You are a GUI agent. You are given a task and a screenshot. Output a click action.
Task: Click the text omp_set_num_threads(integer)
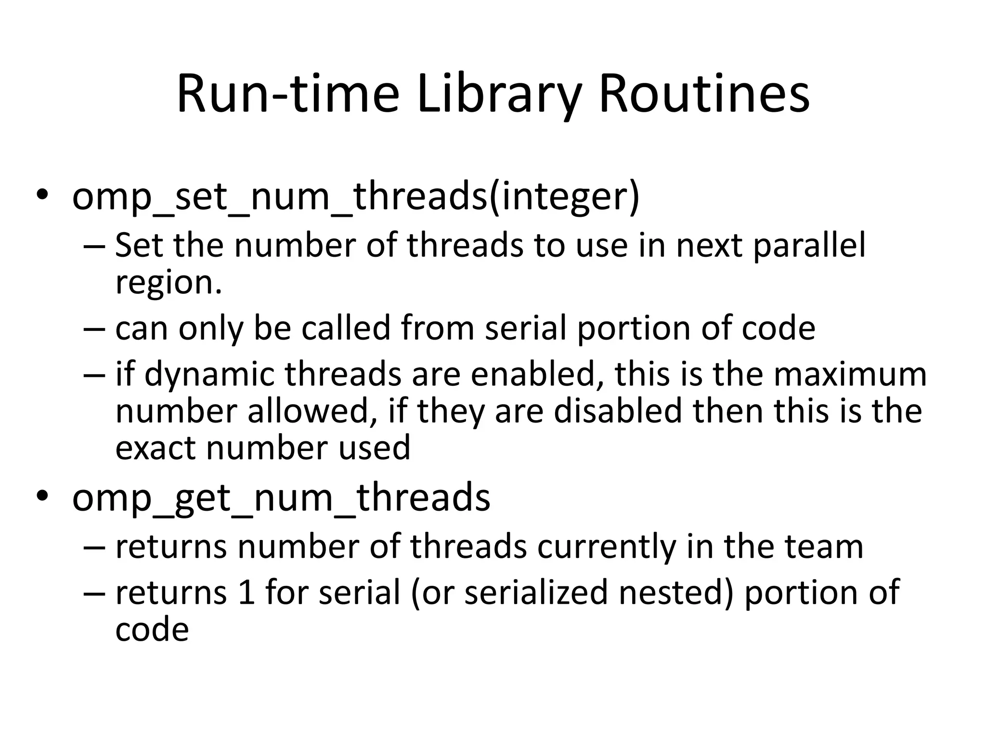(356, 197)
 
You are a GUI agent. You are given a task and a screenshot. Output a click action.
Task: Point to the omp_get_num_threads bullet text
(281, 498)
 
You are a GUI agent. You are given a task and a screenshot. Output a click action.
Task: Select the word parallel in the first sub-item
(809, 246)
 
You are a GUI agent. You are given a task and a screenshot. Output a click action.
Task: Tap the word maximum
(850, 374)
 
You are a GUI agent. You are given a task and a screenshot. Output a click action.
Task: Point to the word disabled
(618, 411)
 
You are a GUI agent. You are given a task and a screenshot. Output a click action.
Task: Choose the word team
(824, 547)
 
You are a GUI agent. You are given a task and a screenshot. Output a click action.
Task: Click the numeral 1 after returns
(246, 593)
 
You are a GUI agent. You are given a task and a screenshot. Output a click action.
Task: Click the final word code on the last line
(152, 630)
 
